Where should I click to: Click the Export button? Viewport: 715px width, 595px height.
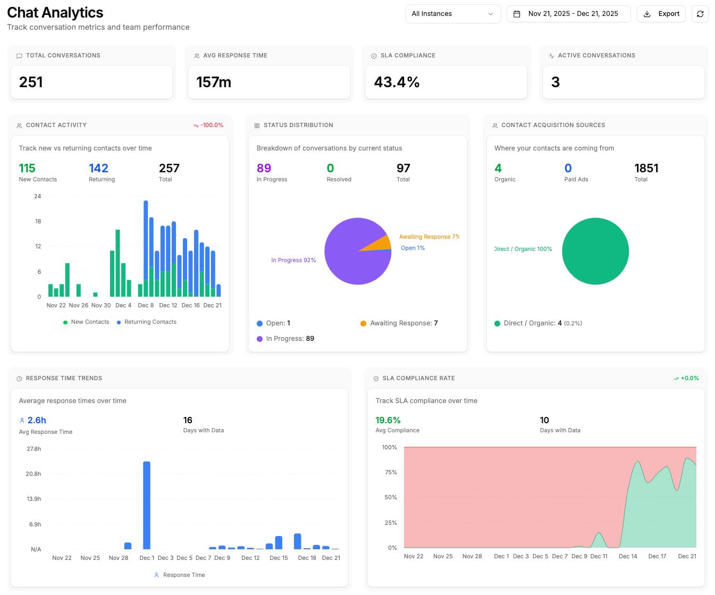click(661, 14)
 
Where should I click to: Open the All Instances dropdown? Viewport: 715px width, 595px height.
click(452, 14)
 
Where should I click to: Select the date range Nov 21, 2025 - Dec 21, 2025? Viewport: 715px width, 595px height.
click(568, 14)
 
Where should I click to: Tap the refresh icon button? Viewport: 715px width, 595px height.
click(700, 14)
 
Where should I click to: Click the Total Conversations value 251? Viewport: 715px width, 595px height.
click(31, 82)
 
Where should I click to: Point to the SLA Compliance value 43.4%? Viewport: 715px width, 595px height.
click(397, 82)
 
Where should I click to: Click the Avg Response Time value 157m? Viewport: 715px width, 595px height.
click(214, 82)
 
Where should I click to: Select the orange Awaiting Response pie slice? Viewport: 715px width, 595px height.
click(382, 244)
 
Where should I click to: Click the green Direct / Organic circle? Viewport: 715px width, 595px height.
click(595, 251)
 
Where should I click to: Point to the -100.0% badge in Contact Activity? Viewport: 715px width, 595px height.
click(208, 125)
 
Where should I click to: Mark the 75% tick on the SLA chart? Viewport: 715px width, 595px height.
click(391, 472)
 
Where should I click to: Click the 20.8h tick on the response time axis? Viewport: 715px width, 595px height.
click(33, 474)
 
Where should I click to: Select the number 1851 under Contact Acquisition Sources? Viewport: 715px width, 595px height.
click(646, 168)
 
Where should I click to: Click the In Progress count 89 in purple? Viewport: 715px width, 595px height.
click(264, 168)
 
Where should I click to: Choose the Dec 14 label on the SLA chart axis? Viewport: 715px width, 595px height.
click(627, 556)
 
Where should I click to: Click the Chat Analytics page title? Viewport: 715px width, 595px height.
click(55, 12)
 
